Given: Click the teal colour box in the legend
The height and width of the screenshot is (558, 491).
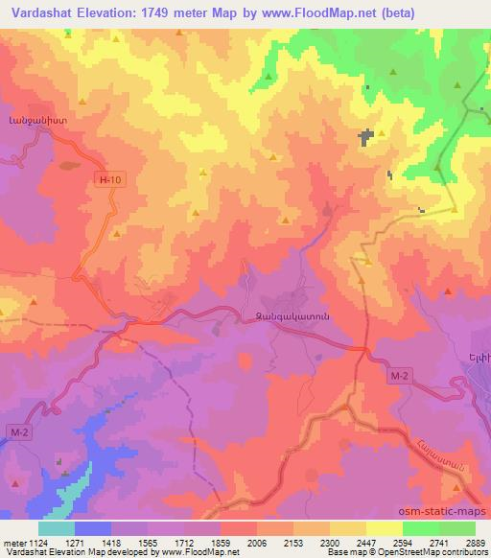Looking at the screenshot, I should [57, 527].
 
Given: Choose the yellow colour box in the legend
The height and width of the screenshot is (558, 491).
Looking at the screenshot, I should [386, 527].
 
